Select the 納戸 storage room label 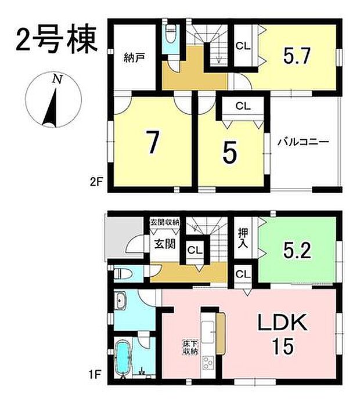point(134,57)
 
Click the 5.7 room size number point(298,56)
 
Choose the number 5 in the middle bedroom point(229,153)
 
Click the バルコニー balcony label point(303,142)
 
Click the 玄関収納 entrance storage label point(165,223)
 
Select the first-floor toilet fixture point(123,273)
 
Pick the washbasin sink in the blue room point(123,301)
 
